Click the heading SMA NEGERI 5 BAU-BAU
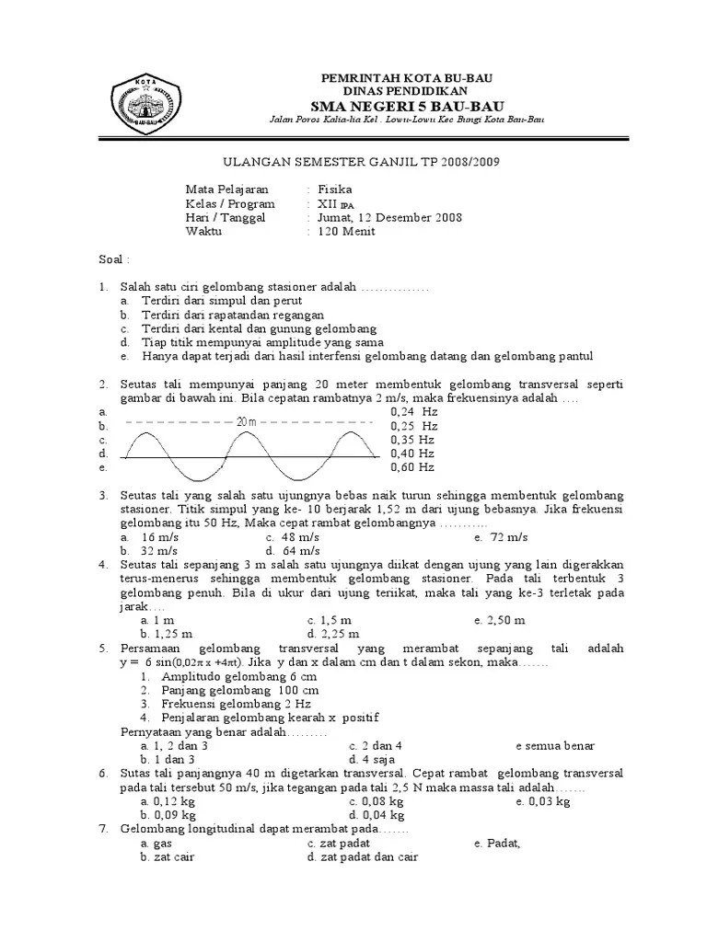click(392, 107)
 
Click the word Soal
click(114, 260)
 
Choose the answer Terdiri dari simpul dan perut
click(221, 301)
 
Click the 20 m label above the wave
click(247, 421)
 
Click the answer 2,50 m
click(504, 620)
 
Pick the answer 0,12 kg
click(168, 801)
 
